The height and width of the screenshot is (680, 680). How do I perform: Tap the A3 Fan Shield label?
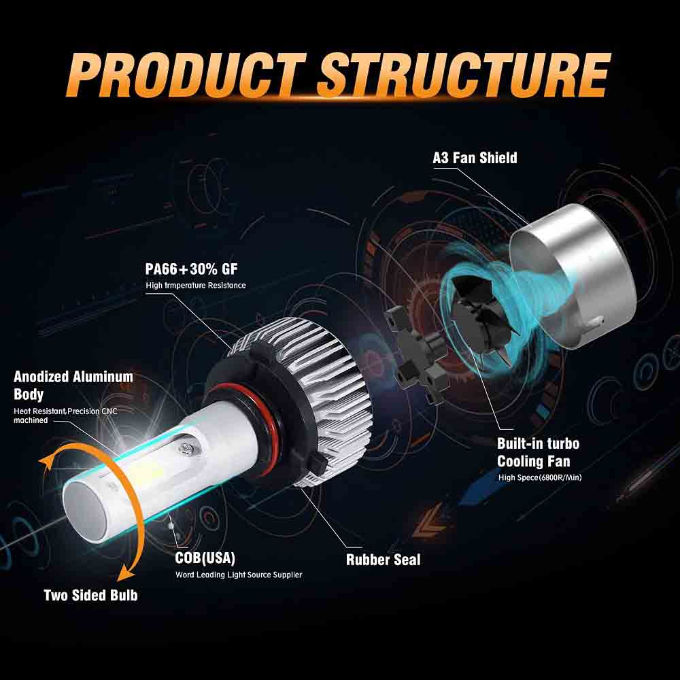tap(475, 158)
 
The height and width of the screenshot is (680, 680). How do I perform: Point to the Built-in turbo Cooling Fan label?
tap(538, 452)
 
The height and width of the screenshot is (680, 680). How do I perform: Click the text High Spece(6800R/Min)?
tap(540, 477)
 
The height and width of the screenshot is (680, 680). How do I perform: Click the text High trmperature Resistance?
tap(195, 286)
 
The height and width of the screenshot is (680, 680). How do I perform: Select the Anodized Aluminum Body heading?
tap(73, 385)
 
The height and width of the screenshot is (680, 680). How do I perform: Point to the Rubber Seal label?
tap(383, 560)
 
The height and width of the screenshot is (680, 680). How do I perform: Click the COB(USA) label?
tap(205, 558)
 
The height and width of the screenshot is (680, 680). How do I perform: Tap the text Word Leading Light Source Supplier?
tap(238, 575)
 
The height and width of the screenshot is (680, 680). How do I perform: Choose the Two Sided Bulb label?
tap(90, 595)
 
